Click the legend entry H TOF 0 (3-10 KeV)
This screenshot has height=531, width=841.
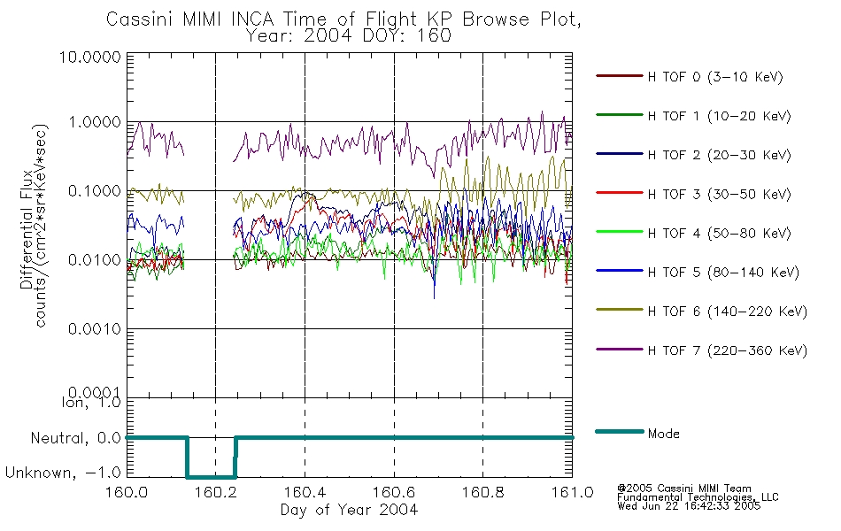point(715,77)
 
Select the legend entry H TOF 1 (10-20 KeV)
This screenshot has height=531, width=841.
point(719,116)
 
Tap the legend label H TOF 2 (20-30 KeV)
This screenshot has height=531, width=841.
point(719,155)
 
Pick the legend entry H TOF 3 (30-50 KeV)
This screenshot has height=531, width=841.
point(719,194)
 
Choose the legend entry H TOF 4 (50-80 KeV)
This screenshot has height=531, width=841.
point(719,234)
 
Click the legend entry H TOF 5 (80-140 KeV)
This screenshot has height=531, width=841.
point(723,273)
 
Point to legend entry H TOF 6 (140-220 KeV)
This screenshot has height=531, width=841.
point(727,312)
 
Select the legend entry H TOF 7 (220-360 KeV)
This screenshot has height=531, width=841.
point(727,350)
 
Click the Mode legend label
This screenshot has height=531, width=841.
point(663,434)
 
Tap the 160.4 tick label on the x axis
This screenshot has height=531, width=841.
point(305,492)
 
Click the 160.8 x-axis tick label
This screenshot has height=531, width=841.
point(482,492)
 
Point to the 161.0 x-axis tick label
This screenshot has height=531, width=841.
point(572,492)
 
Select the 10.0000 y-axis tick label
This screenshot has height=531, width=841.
point(90,57)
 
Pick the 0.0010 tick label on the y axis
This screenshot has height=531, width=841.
point(95,328)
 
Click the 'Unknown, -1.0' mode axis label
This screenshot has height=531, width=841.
point(63,473)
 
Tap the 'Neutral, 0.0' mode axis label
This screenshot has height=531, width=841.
point(75,438)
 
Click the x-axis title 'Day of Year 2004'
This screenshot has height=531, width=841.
point(349,510)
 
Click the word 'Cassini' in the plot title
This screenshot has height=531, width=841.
point(138,19)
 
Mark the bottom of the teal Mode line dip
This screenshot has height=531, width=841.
point(211,477)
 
